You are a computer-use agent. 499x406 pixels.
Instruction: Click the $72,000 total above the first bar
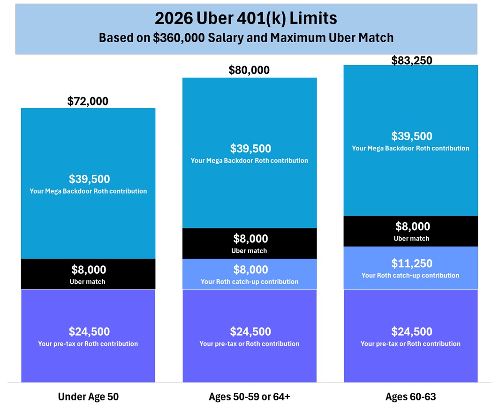coord(88,101)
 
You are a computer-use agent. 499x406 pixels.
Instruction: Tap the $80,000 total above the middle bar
coord(249,70)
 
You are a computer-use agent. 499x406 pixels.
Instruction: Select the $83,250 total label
coord(411,60)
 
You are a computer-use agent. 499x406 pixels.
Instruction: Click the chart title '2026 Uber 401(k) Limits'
coord(246,18)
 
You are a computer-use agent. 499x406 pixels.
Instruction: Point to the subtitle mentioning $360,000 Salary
coord(246,38)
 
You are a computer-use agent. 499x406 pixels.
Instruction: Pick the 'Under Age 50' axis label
coord(88,397)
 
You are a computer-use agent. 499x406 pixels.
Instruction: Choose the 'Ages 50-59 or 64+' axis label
coord(249,397)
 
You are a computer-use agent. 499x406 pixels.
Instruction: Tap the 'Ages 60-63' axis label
coord(411,397)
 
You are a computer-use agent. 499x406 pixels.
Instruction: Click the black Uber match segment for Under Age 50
coord(88,274)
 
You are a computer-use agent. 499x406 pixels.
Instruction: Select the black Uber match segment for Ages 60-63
coord(411,231)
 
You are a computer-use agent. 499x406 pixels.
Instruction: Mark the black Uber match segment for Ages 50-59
coord(249,243)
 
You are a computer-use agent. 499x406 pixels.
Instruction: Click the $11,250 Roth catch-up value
coord(412,263)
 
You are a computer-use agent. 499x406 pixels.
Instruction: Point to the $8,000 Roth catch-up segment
coord(249,274)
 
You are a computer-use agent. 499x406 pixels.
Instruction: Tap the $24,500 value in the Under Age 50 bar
coord(89,331)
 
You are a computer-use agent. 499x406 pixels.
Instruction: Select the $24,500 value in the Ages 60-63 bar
coord(412,331)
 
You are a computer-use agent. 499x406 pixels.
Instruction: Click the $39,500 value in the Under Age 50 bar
coord(89,179)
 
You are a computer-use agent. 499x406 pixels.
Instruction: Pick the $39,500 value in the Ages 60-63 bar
coord(412,136)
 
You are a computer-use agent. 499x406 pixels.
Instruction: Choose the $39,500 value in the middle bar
coord(250,149)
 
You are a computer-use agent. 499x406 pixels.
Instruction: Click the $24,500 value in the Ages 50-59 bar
coord(250,331)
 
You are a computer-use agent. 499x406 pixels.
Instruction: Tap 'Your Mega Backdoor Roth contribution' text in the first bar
coord(88,191)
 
